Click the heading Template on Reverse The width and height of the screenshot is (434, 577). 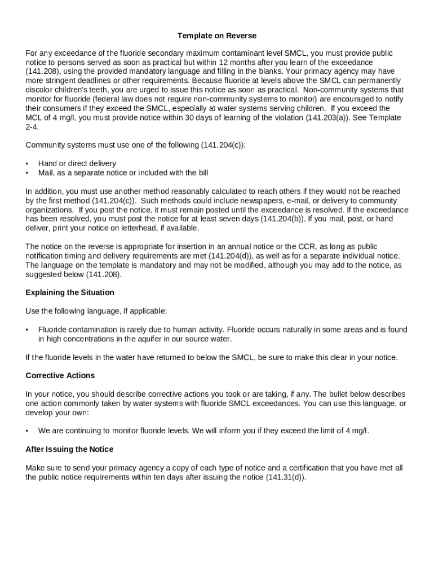tap(217, 36)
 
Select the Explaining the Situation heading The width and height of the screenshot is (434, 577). tap(70, 292)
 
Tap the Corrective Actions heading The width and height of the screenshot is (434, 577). tap(60, 376)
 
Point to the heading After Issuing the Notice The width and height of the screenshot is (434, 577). tap(69, 450)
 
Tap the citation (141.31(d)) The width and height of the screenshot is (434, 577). tap(285, 477)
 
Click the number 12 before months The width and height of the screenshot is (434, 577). tap(223, 63)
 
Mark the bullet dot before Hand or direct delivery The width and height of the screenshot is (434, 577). tap(27, 164)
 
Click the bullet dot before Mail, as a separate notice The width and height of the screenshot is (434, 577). tap(27, 173)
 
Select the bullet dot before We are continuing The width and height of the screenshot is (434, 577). tap(27, 431)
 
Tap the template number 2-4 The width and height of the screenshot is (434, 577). tap(32, 127)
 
